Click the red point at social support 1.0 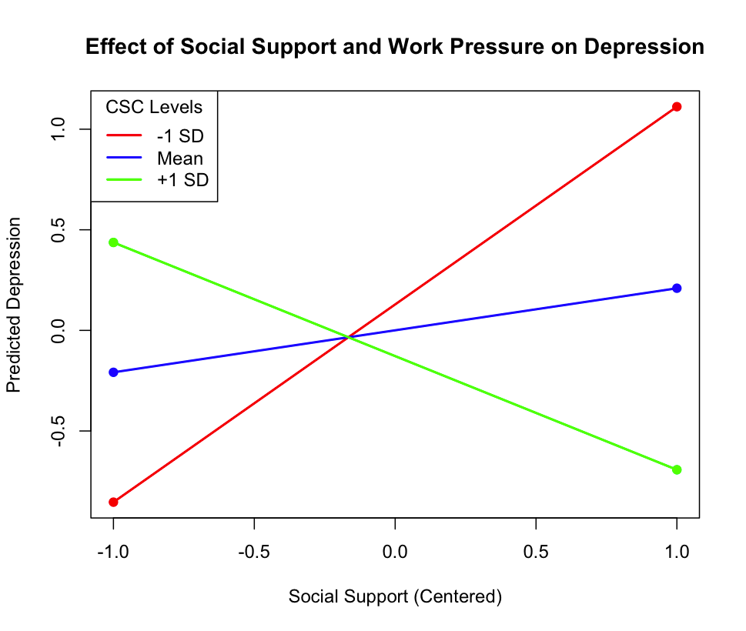677,107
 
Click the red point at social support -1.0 113,502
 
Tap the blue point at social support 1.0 677,289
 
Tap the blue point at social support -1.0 113,372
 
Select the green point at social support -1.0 113,242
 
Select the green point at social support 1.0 677,469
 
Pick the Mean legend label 180,159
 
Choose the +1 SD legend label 182,180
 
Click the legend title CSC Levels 154,108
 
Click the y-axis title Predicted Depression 14,305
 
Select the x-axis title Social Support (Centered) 395,597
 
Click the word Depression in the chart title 644,47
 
